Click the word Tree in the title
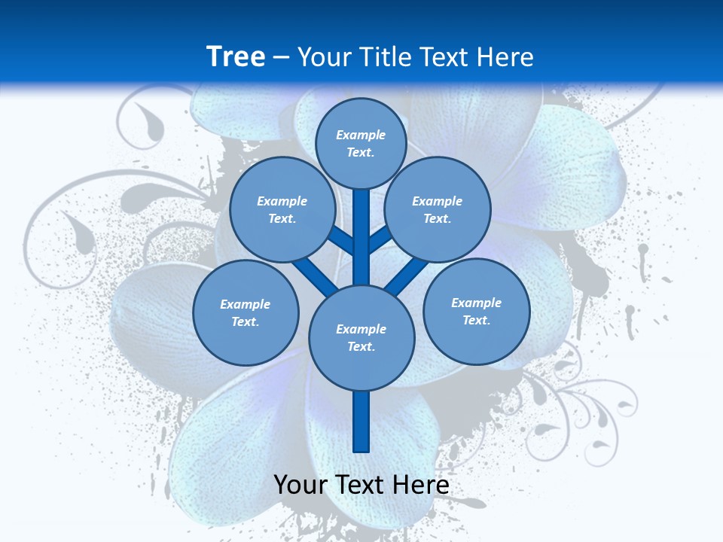click(x=236, y=56)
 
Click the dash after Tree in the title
click(x=281, y=57)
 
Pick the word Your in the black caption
click(x=300, y=485)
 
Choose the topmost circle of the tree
click(x=361, y=143)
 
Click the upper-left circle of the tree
click(x=282, y=209)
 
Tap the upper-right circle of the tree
click(x=438, y=209)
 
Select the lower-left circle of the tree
click(x=246, y=312)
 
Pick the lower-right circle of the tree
click(x=477, y=311)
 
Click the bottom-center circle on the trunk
click(x=361, y=337)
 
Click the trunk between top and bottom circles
click(x=361, y=237)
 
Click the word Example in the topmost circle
click(x=361, y=135)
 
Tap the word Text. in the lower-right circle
click(x=477, y=320)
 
